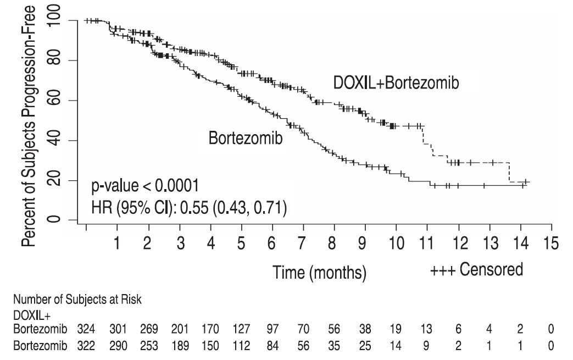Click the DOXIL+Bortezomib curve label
coord(396,84)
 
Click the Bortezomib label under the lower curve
coord(246,139)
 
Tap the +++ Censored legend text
coord(476,270)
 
